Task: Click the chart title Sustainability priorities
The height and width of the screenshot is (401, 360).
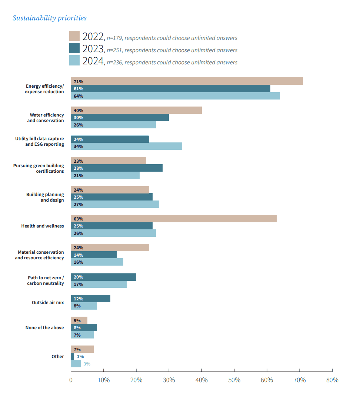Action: (x=50, y=18)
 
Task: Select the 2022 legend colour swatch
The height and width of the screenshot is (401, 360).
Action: (x=74, y=36)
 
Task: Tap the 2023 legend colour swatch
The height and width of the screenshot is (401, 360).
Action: (x=74, y=48)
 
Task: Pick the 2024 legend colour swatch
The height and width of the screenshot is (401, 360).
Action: (x=74, y=61)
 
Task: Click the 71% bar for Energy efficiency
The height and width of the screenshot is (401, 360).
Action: (x=187, y=81)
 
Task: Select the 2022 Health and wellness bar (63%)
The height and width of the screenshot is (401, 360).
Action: (x=173, y=219)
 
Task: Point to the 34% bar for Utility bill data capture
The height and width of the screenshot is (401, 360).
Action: (x=126, y=146)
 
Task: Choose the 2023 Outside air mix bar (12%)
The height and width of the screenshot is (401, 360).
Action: (x=90, y=299)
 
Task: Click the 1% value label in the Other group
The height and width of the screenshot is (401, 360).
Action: (x=80, y=357)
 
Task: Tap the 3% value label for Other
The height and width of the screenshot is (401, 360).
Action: (x=87, y=364)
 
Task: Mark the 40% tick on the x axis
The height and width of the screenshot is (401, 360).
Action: (x=201, y=380)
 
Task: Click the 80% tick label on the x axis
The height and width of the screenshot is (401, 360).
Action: (x=332, y=380)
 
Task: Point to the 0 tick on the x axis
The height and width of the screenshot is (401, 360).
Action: (x=71, y=380)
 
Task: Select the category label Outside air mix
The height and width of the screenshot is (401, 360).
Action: (x=48, y=303)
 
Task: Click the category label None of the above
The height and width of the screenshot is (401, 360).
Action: (x=45, y=328)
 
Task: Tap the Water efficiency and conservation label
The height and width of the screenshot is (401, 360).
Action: (x=46, y=118)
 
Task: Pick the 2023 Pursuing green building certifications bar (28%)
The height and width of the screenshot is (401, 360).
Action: (x=117, y=168)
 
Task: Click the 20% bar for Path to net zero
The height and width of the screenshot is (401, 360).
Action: (x=103, y=277)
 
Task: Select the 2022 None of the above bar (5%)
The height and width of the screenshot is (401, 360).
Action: (x=79, y=320)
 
